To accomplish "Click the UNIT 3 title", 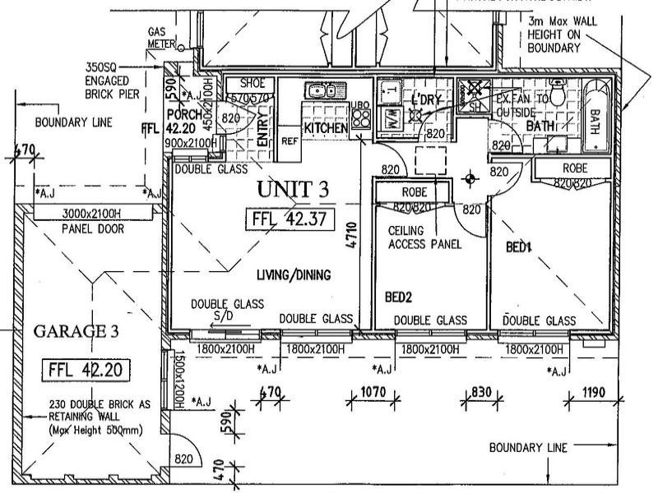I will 293,189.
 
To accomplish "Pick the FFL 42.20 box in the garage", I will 86,369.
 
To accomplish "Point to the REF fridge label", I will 289,141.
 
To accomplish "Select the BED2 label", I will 398,296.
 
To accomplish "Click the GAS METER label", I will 158,37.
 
